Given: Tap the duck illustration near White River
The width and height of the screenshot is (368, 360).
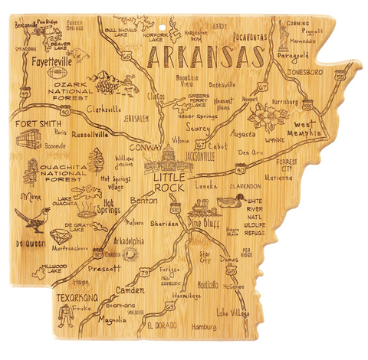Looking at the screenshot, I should coord(229,201).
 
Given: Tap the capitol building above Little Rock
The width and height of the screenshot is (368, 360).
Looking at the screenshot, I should coord(169,159).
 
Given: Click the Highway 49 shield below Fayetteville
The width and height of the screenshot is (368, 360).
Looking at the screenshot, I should coord(25,92).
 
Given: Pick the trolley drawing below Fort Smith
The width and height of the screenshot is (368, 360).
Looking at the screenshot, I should coord(28,139).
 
